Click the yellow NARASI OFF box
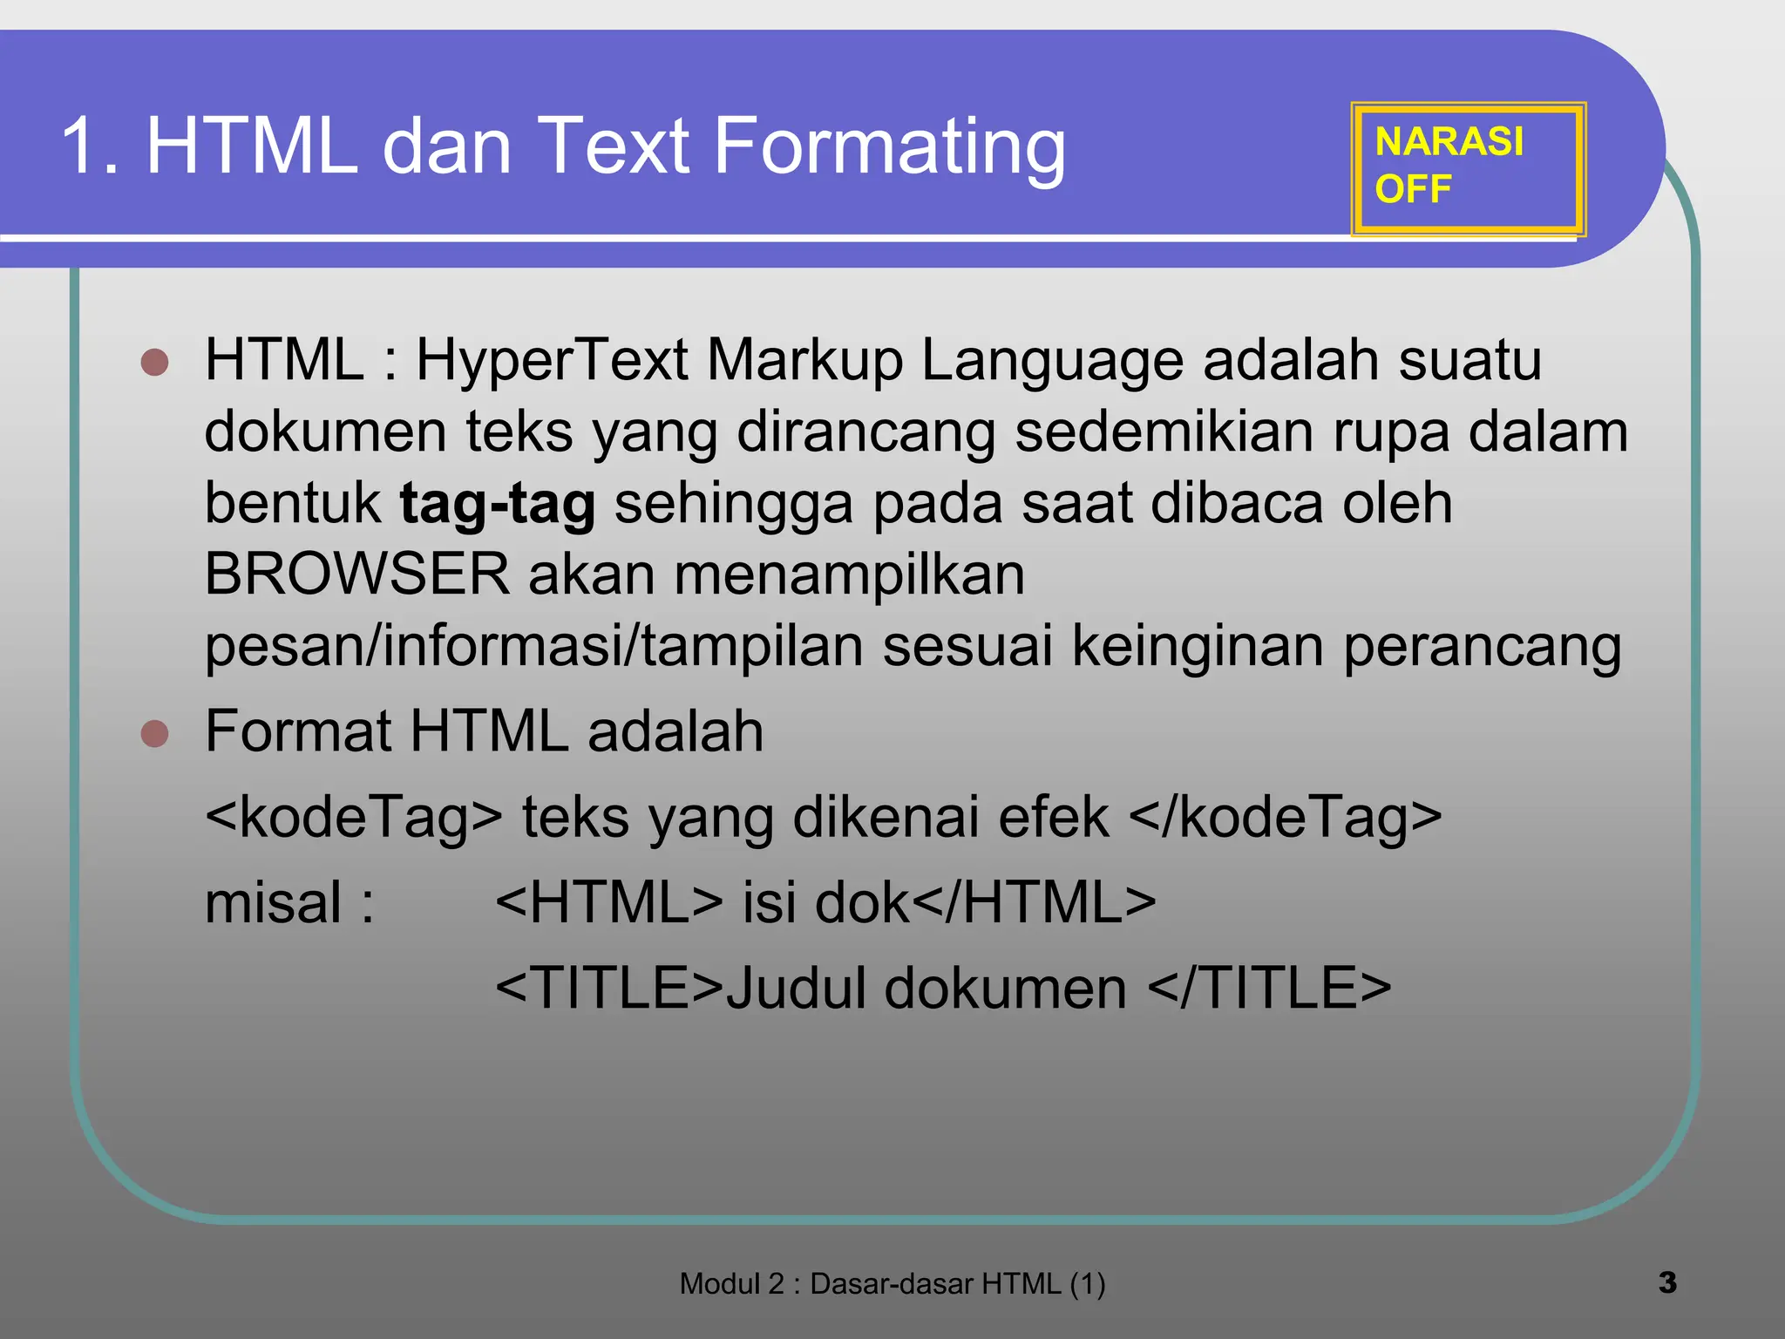1468,168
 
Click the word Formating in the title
889,146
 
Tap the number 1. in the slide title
90,146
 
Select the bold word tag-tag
498,504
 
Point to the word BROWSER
356,574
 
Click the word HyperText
552,360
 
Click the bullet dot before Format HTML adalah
154,733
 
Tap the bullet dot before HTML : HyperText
154,362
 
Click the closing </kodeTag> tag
1285,817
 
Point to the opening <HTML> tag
608,902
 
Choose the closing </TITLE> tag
1269,988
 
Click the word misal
274,902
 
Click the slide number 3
1667,1282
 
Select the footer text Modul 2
731,1284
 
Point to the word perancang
1482,648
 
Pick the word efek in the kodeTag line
1054,817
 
